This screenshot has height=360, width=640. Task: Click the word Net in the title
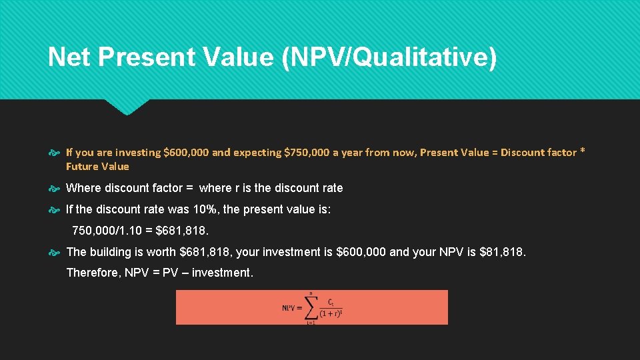tap(69, 57)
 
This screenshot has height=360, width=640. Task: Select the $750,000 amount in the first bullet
tap(307, 152)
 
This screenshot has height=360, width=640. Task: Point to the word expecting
tap(257, 152)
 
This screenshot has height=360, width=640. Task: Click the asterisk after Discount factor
tap(583, 151)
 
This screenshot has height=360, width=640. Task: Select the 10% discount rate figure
tap(205, 209)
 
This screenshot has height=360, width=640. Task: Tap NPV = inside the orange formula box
tap(292, 308)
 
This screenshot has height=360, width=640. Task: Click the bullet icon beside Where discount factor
tap(56, 188)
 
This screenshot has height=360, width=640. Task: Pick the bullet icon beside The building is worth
tap(56, 252)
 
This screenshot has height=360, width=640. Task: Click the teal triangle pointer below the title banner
tap(127, 107)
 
